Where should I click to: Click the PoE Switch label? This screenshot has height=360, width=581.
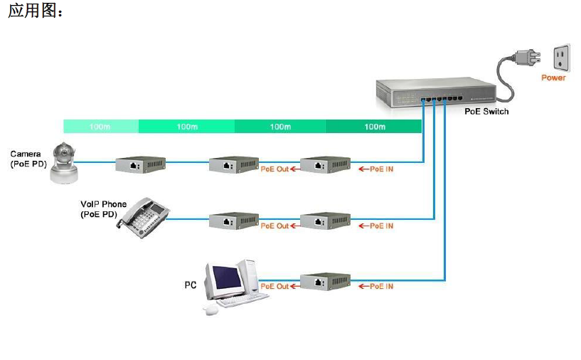[486, 112]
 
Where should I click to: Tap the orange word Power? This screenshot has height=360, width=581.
[553, 78]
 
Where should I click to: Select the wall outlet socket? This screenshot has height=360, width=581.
[561, 57]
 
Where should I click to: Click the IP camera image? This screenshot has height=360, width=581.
[65, 162]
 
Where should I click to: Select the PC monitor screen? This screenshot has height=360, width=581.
[222, 279]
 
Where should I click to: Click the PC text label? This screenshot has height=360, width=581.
[190, 285]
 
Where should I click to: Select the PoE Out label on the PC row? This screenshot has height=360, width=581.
[274, 286]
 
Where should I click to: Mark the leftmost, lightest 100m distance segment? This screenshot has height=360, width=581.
[100, 127]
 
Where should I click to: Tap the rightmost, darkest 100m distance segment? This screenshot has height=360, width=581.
[374, 127]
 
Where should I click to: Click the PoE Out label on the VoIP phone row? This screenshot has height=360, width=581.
[274, 226]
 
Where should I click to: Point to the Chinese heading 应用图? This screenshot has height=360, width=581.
[35, 13]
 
